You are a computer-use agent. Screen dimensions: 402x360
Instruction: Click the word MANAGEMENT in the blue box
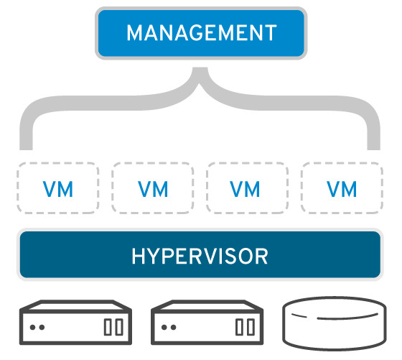coord(202,32)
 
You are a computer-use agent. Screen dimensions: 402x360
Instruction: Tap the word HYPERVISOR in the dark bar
coord(200,256)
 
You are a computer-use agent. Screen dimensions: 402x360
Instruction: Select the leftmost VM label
coord(58,189)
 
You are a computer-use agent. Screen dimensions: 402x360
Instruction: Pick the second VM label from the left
coord(153,189)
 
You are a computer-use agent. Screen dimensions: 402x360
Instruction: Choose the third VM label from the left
coord(245,189)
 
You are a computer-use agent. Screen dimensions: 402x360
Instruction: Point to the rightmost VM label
coord(342,189)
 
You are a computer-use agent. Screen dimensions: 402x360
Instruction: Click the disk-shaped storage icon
coord(335,323)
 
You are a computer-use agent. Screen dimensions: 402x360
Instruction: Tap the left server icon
coord(75,323)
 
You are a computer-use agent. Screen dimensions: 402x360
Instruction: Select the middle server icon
coord(207,323)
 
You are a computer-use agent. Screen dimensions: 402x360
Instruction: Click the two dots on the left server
coord(37,327)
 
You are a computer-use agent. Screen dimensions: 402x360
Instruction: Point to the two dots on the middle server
coord(169,327)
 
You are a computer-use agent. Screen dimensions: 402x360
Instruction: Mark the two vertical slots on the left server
coord(113,327)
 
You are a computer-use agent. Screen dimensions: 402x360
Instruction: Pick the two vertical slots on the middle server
coord(245,327)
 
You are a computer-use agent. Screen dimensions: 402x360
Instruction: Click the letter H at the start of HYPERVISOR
coord(138,257)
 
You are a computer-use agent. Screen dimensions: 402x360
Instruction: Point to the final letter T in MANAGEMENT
coord(271,32)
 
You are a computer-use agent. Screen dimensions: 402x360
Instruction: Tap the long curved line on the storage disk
coord(347,317)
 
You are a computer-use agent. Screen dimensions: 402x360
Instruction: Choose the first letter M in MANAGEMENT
coord(135,32)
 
